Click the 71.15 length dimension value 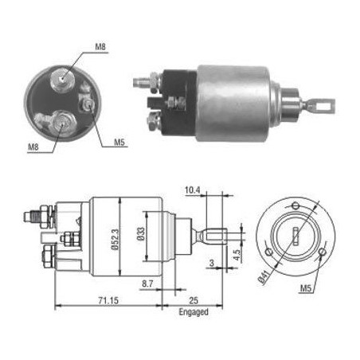click(108, 300)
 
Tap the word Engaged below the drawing click(194, 312)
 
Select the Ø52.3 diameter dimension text click(115, 240)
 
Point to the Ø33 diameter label click(141, 234)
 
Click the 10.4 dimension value click(193, 190)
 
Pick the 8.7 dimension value click(147, 284)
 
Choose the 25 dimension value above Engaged click(194, 300)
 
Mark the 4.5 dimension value click(237, 255)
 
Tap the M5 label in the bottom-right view click(306, 288)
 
